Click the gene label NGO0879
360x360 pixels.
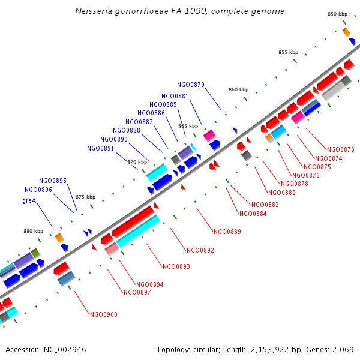tap(191, 85)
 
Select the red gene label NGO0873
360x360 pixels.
tap(340, 149)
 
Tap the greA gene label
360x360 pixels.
tap(29, 200)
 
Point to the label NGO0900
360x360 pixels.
tap(104, 314)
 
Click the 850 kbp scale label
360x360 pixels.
tap(337, 14)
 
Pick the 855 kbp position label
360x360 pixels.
tap(288, 52)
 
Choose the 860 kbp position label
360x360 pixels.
tap(238, 89)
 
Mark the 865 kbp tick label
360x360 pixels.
tap(188, 126)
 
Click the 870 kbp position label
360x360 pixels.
tap(137, 161)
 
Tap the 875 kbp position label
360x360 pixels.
tap(85, 197)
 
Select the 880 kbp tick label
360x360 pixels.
tap(34, 231)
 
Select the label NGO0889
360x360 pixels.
tap(227, 231)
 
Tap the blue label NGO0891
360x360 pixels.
tap(100, 148)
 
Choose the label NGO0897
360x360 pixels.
tap(137, 292)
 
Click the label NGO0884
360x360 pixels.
tap(253, 214)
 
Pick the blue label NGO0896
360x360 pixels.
tap(38, 190)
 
